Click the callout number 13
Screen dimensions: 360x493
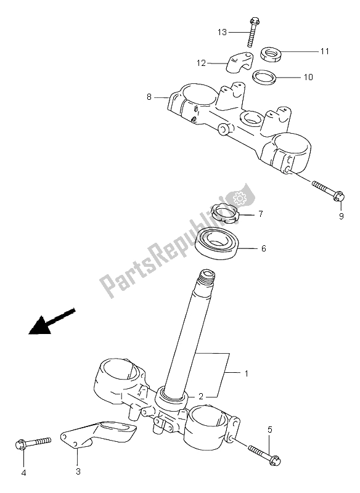[222, 32]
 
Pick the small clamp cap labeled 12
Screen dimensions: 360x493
[239, 62]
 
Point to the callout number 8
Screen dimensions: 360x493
[149, 97]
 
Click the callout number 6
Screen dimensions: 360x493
[263, 248]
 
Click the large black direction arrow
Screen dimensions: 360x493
[52, 321]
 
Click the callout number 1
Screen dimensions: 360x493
[247, 373]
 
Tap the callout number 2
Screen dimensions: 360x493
[200, 396]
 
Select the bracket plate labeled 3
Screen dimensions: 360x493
[99, 436]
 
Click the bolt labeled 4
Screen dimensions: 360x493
[33, 442]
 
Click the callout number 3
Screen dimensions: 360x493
[78, 471]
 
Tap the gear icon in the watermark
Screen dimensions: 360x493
[240, 198]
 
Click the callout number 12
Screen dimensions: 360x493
[201, 63]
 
